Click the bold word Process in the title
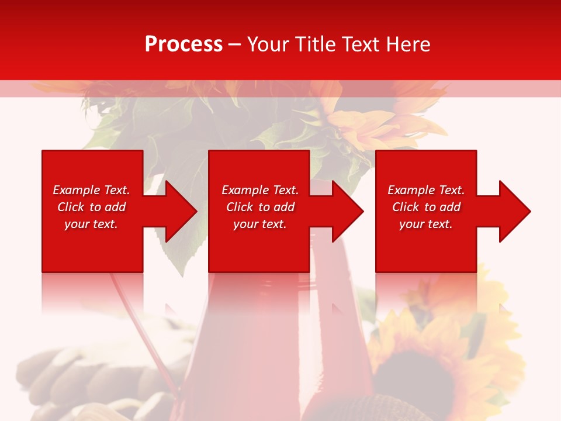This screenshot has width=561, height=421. tap(183, 44)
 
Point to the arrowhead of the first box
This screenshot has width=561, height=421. tap(179, 211)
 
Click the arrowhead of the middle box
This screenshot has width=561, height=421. tap(346, 211)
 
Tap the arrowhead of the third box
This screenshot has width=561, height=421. tap(513, 211)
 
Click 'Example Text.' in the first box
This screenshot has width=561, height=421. tap(91, 190)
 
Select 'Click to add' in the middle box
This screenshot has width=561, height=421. tap(260, 207)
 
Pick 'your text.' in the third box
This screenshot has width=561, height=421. tap(426, 224)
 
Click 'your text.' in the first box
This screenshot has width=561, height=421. tap(91, 224)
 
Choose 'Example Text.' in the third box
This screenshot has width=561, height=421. tap(426, 190)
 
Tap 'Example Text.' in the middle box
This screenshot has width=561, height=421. tap(260, 190)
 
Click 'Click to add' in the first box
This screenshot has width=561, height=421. tap(91, 207)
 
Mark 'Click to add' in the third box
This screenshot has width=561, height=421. tap(426, 207)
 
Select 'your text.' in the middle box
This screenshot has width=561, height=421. tap(260, 224)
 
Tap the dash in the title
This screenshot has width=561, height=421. tap(235, 44)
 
